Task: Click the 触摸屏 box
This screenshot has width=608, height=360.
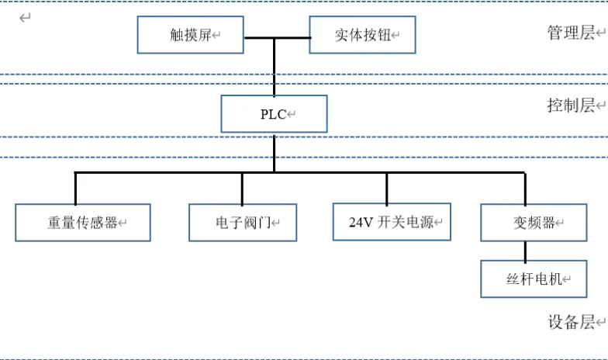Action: coord(191,35)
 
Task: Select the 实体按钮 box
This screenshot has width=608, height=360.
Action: coord(362,35)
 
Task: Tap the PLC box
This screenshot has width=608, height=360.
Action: coord(274,114)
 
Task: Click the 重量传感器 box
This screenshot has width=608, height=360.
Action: coord(82,223)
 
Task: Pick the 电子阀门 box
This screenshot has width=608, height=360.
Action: coord(243,223)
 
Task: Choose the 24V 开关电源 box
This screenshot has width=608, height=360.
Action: coord(392,222)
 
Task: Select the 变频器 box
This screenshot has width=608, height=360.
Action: coord(534,223)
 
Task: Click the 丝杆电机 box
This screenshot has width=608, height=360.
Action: coord(534,279)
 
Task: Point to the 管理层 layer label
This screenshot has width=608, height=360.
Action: coord(571,33)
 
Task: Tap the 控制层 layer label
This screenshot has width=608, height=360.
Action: coord(571,106)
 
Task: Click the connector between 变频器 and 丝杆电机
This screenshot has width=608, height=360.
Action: coord(525,251)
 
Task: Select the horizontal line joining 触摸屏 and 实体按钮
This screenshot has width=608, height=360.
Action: coord(277,37)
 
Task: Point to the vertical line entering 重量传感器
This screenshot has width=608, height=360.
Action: coord(75,188)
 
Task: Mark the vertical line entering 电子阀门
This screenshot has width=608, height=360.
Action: coord(242,188)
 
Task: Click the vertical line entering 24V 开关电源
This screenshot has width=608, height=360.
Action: coord(387,188)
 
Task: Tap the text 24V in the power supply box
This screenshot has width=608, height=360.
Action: coord(361,223)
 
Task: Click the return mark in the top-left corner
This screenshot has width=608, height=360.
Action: coord(25,17)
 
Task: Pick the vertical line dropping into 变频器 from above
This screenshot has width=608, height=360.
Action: coord(525,188)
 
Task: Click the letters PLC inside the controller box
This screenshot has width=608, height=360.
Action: coord(273,115)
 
